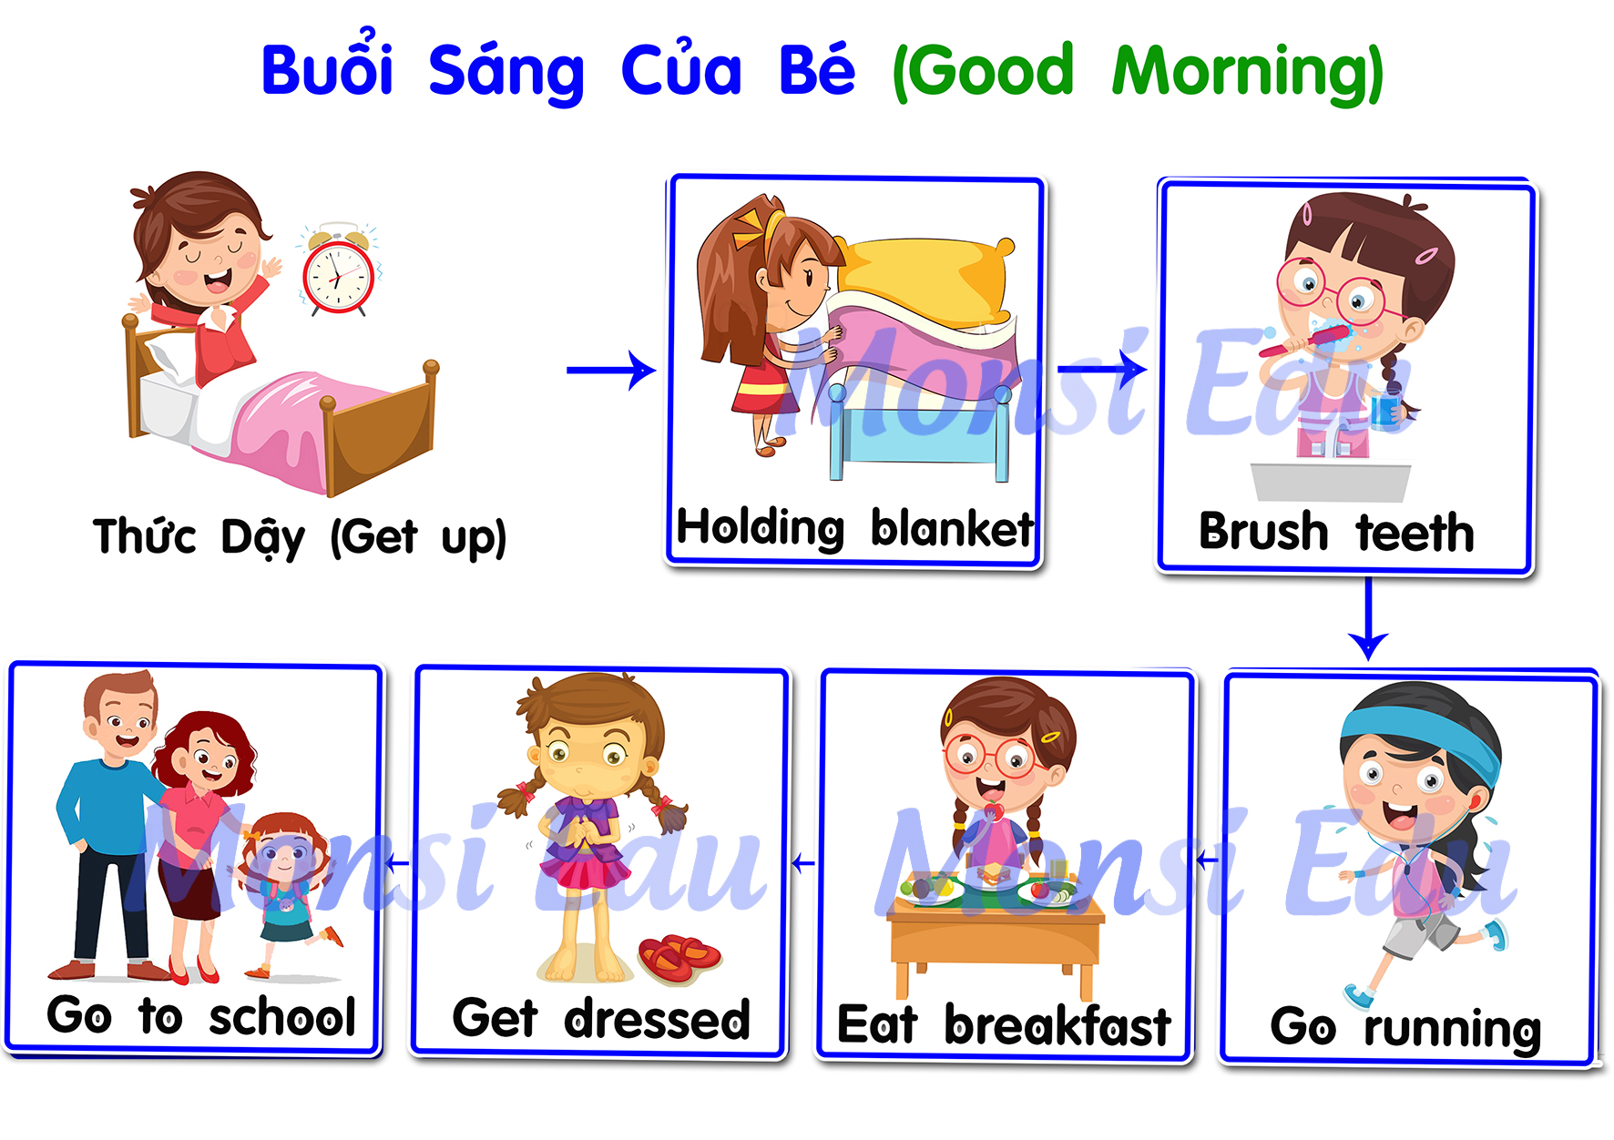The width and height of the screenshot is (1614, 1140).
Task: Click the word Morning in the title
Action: click(x=1248, y=72)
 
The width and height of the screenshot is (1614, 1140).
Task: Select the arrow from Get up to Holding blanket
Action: click(x=610, y=370)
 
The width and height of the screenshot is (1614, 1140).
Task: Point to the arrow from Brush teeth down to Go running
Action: click(x=1368, y=618)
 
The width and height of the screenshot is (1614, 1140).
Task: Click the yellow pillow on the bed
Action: click(x=924, y=277)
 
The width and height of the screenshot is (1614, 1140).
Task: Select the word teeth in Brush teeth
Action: click(x=1415, y=532)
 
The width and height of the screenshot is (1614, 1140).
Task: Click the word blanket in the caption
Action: click(x=952, y=527)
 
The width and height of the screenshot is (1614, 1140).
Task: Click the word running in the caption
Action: click(x=1452, y=1029)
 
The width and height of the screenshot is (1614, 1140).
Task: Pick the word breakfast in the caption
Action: click(x=1057, y=1025)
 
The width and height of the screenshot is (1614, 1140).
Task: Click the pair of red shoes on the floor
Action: click(x=679, y=957)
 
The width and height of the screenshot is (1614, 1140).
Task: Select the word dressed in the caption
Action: click(x=657, y=1019)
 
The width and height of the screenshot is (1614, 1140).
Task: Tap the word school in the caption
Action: click(x=281, y=1016)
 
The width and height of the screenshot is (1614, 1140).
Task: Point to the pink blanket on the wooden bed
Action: click(x=291, y=428)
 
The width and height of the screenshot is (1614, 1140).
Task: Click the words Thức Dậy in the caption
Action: click(x=199, y=536)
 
